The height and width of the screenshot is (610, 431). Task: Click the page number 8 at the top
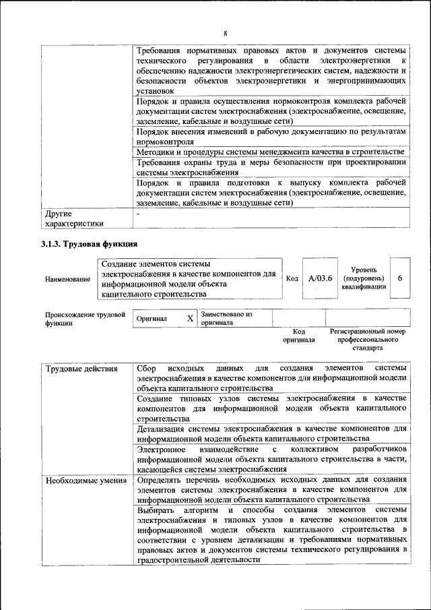[225, 33]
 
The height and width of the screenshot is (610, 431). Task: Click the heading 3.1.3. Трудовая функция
[89, 243]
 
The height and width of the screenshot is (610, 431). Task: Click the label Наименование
[67, 279]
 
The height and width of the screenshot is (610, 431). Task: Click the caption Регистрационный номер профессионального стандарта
[368, 340]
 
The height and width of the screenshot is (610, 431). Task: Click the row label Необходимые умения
[86, 481]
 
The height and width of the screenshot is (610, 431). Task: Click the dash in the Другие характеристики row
[138, 214]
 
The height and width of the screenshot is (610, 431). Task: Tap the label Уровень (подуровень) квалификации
[363, 278]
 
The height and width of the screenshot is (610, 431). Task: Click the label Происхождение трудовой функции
[86, 318]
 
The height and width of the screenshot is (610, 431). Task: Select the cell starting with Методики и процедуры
[271, 153]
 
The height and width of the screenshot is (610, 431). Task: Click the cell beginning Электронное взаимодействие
[271, 458]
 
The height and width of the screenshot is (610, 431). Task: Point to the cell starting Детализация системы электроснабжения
[271, 432]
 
